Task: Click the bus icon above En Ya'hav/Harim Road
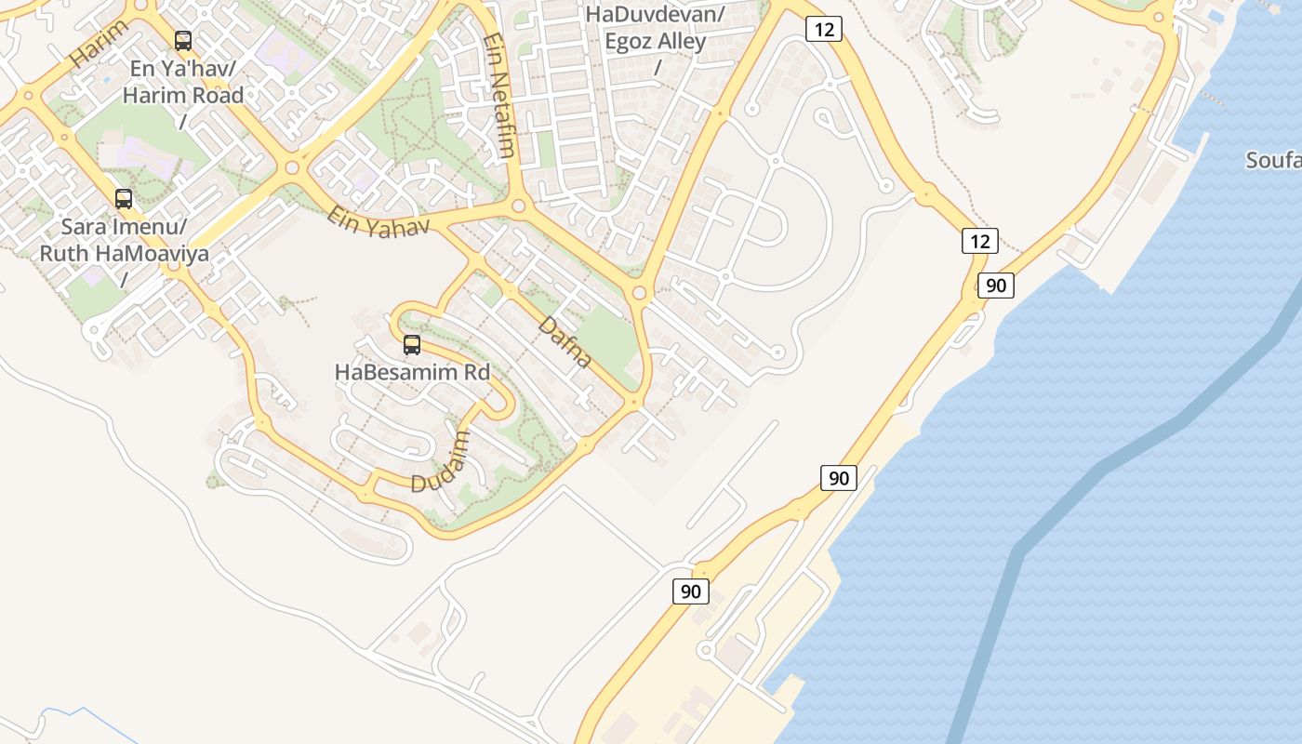(183, 41)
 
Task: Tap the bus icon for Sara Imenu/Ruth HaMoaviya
(124, 198)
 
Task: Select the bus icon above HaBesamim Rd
(412, 345)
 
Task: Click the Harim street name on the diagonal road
(99, 43)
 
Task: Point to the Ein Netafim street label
(498, 97)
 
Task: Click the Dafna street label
(565, 342)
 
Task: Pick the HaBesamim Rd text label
(412, 372)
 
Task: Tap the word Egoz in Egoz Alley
(630, 41)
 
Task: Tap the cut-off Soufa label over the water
(1274, 161)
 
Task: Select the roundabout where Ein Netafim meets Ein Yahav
(519, 206)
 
